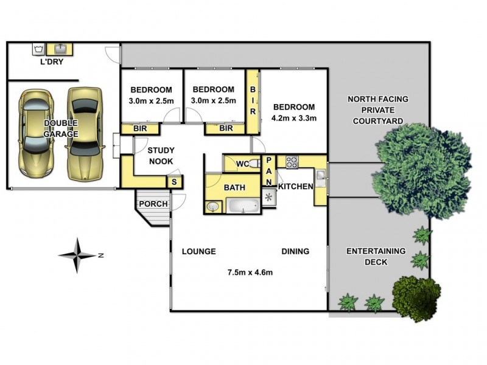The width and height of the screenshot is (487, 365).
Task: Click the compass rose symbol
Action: [x=78, y=255]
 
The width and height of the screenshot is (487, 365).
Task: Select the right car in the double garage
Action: [x=83, y=134]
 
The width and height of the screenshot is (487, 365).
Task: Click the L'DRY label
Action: [x=52, y=62]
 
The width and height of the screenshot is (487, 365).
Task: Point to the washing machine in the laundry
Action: [x=38, y=48]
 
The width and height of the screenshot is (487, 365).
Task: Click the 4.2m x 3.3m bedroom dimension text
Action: [x=295, y=119]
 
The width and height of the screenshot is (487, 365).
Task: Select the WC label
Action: [x=242, y=164]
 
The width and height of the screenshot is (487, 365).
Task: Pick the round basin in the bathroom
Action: [x=212, y=207]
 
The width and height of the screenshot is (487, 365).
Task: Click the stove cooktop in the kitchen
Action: [x=292, y=162]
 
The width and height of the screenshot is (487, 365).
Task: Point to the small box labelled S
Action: [x=174, y=182]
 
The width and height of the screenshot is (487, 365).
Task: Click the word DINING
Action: [x=295, y=251]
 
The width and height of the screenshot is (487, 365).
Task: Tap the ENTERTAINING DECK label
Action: [x=376, y=256]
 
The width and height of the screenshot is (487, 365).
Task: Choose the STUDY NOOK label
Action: [x=161, y=156]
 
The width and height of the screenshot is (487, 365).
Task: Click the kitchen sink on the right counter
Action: [x=321, y=176]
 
